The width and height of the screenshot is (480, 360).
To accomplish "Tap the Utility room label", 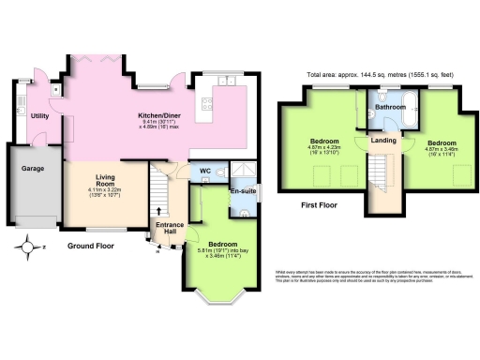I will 39,115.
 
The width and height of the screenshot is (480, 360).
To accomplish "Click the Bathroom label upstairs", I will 391,108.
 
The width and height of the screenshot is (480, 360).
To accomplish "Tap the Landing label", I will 382,141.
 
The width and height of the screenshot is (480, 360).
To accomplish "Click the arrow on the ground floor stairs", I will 158,209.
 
